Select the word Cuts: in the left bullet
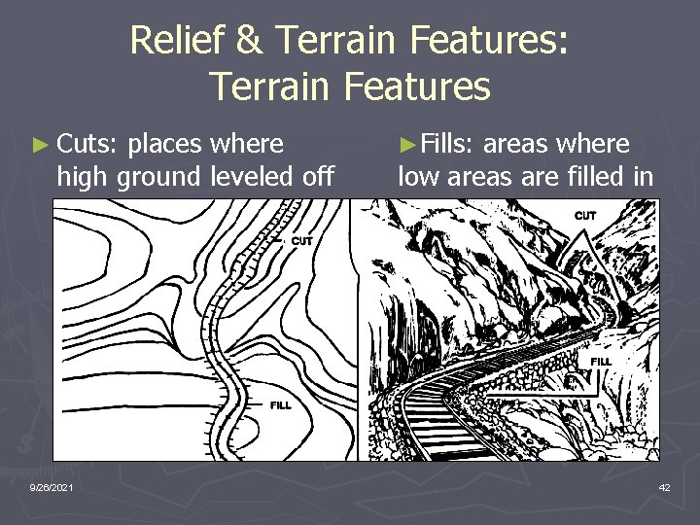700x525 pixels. click(x=87, y=145)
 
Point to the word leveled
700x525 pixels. click(x=260, y=177)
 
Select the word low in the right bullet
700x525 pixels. click(x=416, y=177)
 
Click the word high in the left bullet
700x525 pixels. click(x=82, y=177)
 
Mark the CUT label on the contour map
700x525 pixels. click(x=302, y=241)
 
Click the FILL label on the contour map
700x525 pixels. click(x=281, y=404)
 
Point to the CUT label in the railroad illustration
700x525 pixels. click(x=586, y=215)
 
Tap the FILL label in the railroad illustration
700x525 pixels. click(x=601, y=362)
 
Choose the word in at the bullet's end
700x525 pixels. click(x=644, y=177)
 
